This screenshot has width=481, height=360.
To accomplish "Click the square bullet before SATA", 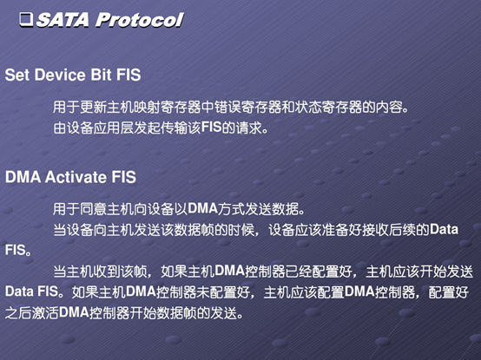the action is (x=26, y=20).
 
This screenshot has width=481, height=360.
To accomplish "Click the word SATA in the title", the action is (x=63, y=20).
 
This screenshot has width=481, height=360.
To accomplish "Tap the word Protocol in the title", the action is (x=139, y=20).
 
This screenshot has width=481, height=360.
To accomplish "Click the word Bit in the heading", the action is (x=101, y=75).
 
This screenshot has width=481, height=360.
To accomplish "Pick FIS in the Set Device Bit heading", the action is (x=128, y=75).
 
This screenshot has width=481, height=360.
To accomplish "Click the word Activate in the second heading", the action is (x=76, y=177).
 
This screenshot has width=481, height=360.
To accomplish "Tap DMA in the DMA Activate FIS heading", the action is (x=23, y=177).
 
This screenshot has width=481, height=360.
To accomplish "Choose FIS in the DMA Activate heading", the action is (x=124, y=177).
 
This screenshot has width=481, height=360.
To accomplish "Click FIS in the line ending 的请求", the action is (x=211, y=128).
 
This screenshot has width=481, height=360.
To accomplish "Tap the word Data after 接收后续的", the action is (x=444, y=230).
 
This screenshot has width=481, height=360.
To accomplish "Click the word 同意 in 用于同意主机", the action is (x=93, y=209).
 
